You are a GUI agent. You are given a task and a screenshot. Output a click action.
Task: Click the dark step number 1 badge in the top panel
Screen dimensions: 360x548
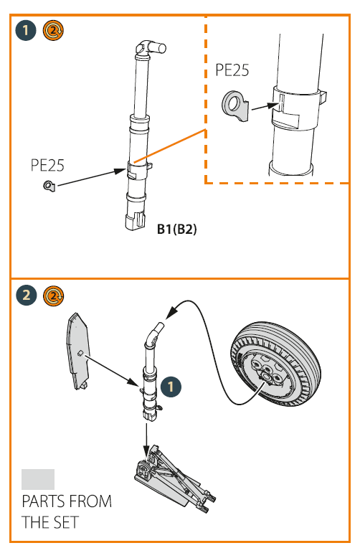coord(26,30)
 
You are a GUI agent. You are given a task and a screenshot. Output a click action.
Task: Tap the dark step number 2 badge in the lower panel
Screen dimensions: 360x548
coord(27,296)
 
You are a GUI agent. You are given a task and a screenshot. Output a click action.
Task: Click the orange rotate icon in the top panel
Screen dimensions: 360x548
coord(53,30)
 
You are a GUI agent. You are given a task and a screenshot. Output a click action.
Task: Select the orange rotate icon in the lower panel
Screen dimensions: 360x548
coord(54,296)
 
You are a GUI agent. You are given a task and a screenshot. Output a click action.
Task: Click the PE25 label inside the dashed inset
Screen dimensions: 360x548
coord(232,70)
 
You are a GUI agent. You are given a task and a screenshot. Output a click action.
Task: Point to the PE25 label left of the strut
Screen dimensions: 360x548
coord(47,165)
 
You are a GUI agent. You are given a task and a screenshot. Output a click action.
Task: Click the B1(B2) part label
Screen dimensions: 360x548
coord(177,230)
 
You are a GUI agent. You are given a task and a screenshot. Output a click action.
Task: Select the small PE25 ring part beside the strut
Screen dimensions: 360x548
coord(49,186)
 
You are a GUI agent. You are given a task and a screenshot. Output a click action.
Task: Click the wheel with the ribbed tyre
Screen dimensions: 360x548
coord(275,364)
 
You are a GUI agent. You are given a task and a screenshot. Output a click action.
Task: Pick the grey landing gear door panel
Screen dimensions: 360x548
coord(78,351)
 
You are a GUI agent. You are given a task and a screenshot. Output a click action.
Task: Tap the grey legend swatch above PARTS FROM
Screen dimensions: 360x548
coord(38,479)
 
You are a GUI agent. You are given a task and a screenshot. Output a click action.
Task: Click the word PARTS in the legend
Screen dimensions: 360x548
coord(43,501)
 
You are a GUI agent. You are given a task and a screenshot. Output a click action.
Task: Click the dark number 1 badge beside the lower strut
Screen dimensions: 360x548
coord(171,387)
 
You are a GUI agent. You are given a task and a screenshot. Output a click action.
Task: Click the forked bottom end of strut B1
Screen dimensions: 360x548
coord(135,221)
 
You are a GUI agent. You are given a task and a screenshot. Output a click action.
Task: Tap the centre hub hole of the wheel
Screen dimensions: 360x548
coord(266,377)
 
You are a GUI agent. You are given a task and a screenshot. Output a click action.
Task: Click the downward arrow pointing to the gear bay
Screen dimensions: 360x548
coord(146,439)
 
